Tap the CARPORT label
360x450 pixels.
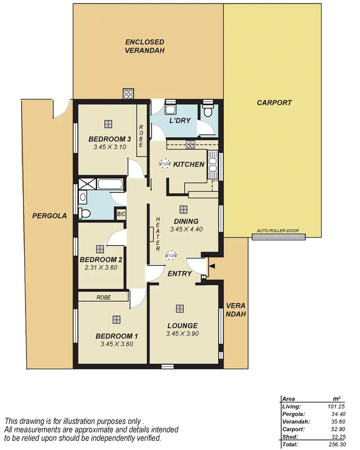point(274,103)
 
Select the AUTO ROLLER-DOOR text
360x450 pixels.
point(278,231)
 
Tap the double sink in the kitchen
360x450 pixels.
point(213,163)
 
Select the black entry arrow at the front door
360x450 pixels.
point(212,266)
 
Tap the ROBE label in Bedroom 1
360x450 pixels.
point(103,297)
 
